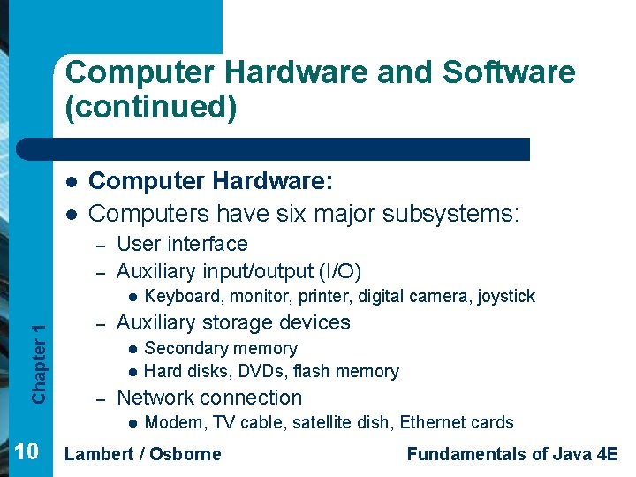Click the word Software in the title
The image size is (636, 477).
[509, 72]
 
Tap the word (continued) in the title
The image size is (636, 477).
[151, 108]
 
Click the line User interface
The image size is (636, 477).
[182, 244]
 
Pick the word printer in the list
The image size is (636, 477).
[335, 296]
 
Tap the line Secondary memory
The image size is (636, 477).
[220, 348]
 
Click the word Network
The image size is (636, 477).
[157, 397]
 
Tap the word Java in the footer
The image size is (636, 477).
[569, 454]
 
